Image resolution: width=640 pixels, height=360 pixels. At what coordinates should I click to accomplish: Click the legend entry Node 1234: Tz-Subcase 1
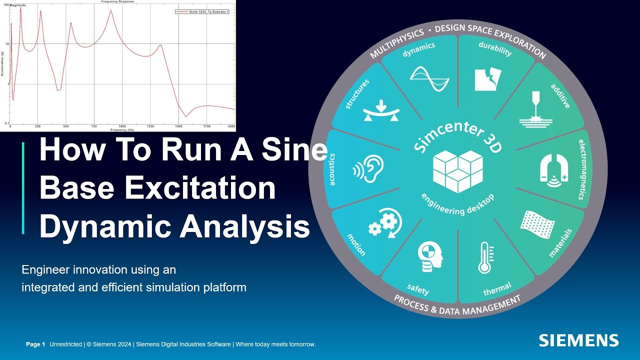pyautogui.click(x=202, y=11)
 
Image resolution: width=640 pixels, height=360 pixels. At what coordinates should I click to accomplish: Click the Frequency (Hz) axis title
pyautogui.click(x=123, y=130)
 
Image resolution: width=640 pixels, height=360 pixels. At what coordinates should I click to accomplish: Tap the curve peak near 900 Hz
pyautogui.click(x=111, y=10)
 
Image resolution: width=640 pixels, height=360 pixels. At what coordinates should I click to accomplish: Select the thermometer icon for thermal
pyautogui.click(x=484, y=257)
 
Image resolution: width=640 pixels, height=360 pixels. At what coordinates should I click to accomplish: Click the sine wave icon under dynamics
pyautogui.click(x=429, y=79)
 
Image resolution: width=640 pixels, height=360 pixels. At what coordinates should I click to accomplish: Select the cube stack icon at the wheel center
pyautogui.click(x=457, y=170)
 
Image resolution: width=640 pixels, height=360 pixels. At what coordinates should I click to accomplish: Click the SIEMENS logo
pyautogui.click(x=578, y=341)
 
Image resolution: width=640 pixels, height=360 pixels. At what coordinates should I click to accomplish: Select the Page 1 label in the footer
pyautogui.click(x=35, y=344)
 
